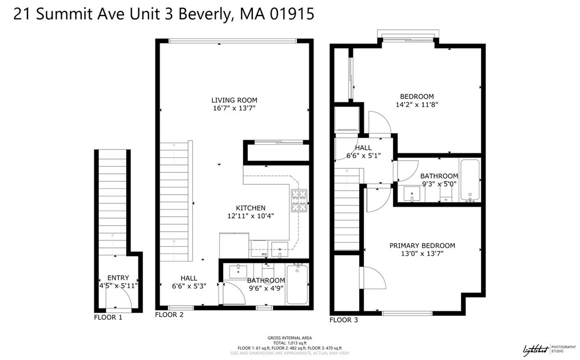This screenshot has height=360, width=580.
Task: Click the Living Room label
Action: [235, 100]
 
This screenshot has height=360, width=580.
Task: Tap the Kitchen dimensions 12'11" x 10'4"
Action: [251, 216]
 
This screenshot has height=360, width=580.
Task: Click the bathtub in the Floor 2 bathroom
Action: [297, 284]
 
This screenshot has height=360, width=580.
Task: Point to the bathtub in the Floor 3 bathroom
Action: [470, 181]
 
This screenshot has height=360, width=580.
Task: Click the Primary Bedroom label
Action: [422, 246]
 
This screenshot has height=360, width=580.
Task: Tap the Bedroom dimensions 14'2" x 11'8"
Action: [416, 105]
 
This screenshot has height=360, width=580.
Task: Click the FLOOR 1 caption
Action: [108, 317]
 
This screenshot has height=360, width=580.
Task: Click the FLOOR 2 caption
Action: [169, 315]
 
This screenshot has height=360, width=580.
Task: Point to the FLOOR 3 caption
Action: [344, 320]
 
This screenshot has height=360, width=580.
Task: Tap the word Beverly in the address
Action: [200, 14]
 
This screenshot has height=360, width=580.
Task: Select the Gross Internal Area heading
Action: [289, 338]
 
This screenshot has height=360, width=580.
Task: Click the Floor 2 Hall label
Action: [189, 278]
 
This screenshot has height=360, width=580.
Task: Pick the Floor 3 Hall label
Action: [363, 148]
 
